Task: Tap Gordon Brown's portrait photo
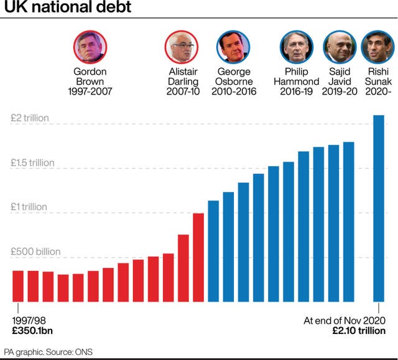90,47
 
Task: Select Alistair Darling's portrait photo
182,47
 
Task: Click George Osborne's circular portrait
233,47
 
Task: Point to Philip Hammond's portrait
296,47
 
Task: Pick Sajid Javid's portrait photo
339,47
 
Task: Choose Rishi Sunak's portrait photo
377,47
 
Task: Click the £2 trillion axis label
30,118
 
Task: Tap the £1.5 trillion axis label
33,163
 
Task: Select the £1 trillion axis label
29,207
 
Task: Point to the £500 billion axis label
35,252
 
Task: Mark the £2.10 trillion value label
359,331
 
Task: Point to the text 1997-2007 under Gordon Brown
90,92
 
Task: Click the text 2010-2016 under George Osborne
233,92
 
